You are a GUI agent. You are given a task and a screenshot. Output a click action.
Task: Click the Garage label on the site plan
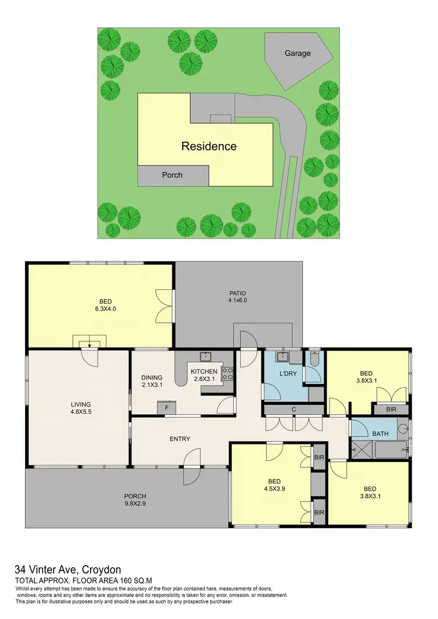tap(297, 53)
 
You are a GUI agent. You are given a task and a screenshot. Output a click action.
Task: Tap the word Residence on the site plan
tap(209, 146)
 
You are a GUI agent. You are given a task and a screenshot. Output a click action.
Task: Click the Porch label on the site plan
tap(172, 174)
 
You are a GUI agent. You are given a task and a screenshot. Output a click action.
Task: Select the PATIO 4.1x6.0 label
tap(237, 296)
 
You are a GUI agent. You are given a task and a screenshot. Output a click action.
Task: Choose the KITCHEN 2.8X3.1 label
tap(203, 375)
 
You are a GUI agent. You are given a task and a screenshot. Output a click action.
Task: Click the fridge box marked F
tap(166, 408)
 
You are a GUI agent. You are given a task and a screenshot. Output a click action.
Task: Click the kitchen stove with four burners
tap(227, 373)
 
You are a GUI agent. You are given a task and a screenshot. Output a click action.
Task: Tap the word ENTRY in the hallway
tap(179, 439)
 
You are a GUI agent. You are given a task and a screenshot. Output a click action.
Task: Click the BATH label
tap(380, 433)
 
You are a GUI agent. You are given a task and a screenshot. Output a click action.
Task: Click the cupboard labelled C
tap(294, 410)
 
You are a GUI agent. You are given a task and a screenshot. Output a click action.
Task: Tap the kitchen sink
tap(205, 356)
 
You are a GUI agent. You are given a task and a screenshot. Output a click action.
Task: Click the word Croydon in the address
tap(102, 569)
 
